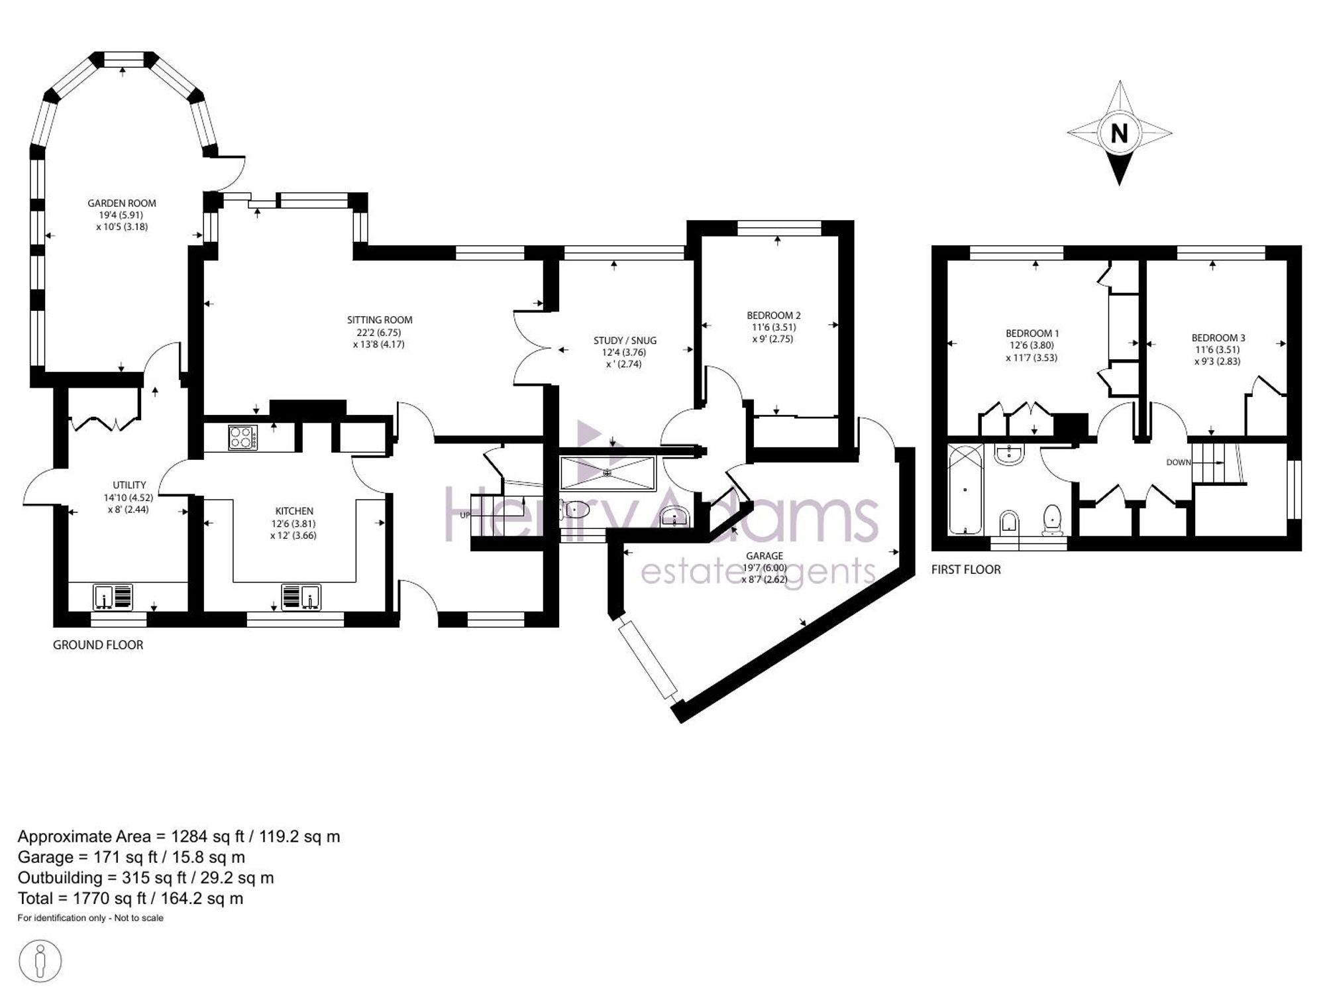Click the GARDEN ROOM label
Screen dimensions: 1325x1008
(x=122, y=203)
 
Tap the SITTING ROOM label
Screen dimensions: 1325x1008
(x=380, y=320)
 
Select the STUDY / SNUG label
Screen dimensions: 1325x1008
(x=625, y=341)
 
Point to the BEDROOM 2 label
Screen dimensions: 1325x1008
(x=774, y=315)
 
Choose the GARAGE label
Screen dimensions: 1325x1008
(x=764, y=556)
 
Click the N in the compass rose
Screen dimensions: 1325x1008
(x=1119, y=134)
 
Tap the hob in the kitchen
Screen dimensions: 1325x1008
(x=242, y=437)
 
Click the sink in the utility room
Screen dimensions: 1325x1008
(x=113, y=596)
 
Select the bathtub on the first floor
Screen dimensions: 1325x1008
(x=965, y=489)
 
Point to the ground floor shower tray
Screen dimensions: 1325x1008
(x=608, y=473)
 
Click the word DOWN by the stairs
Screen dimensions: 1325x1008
(x=1179, y=463)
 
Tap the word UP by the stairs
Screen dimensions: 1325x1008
(x=464, y=514)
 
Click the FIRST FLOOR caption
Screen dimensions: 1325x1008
(x=966, y=569)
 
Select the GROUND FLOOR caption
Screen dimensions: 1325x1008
(x=98, y=645)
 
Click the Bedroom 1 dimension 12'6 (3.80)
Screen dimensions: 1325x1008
(x=1032, y=345)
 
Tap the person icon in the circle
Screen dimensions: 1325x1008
(x=40, y=961)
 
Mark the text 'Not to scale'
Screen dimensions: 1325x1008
(x=138, y=918)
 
